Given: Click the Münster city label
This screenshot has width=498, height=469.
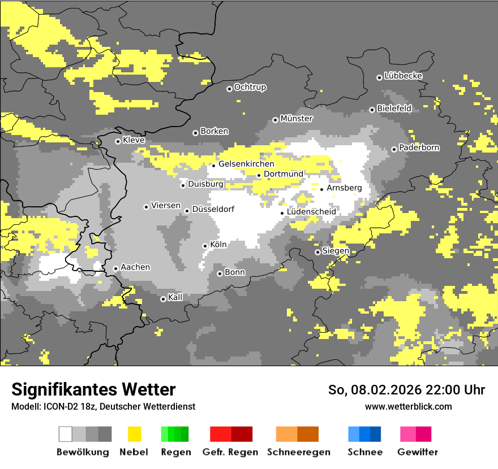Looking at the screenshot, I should pyautogui.click(x=297, y=119).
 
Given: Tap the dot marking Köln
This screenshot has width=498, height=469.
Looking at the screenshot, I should pyautogui.click(x=205, y=246).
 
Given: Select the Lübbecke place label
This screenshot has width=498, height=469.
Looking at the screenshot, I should pyautogui.click(x=403, y=76).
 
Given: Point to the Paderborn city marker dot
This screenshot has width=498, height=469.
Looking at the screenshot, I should pyautogui.click(x=394, y=149).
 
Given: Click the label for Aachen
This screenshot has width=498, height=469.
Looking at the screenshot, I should pyautogui.click(x=135, y=267).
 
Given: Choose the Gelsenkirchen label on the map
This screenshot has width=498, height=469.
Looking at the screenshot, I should pyautogui.click(x=246, y=164).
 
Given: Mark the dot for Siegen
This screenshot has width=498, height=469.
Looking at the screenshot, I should pyautogui.click(x=317, y=252).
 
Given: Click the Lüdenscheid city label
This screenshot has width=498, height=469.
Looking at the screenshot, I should pyautogui.click(x=311, y=212).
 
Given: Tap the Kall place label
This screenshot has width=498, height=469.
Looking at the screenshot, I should pyautogui.click(x=175, y=297).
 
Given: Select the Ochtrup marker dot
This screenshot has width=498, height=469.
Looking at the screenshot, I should pyautogui.click(x=229, y=89).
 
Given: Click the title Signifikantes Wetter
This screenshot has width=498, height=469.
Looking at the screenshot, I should pyautogui.click(x=93, y=389).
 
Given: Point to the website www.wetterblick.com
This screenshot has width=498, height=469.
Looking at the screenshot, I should pyautogui.click(x=408, y=406).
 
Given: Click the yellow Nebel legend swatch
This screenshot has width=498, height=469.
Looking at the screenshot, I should pyautogui.click(x=135, y=434).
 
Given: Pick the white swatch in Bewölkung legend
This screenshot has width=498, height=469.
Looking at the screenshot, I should pyautogui.click(x=66, y=434).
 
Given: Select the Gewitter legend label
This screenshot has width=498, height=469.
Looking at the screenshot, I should pyautogui.click(x=417, y=452).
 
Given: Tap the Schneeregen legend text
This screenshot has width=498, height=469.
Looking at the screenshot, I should pyautogui.click(x=298, y=452).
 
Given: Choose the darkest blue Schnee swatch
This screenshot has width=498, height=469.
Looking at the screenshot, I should pyautogui.click(x=375, y=434).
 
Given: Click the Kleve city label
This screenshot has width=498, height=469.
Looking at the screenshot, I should pyautogui.click(x=134, y=140).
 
